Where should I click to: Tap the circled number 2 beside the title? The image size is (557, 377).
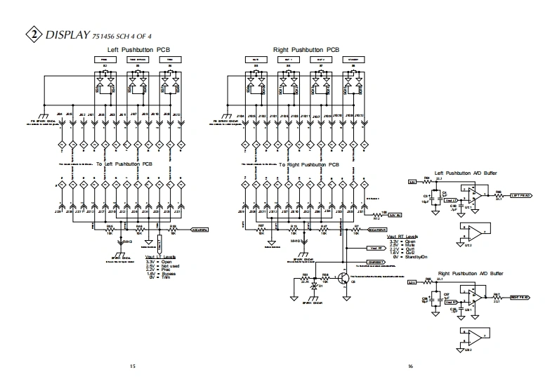32,34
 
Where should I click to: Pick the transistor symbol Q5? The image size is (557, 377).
343,278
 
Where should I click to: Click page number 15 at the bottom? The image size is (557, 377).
133,366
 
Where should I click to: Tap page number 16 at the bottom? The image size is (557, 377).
412,366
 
